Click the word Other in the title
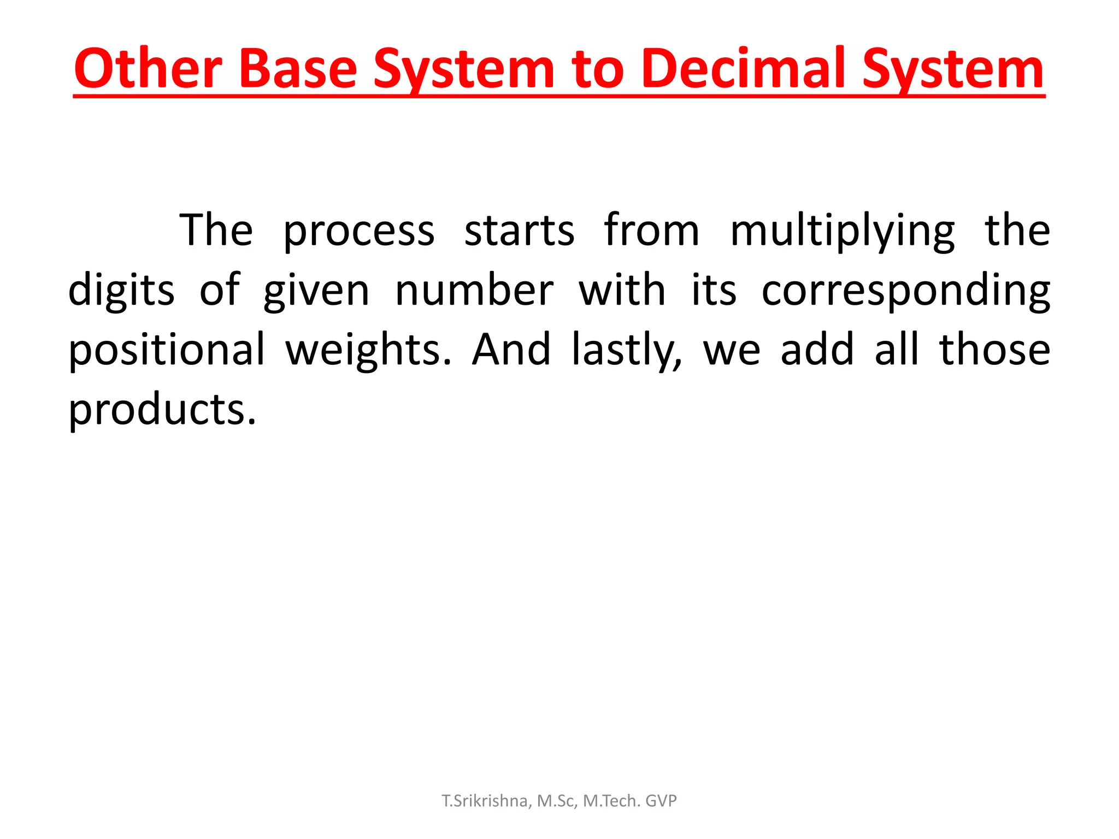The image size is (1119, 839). [x=148, y=70]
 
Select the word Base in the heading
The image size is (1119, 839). [x=298, y=70]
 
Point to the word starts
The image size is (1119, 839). [x=520, y=231]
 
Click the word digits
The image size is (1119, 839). [x=121, y=291]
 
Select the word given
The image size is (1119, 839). [x=316, y=291]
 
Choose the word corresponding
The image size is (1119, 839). [x=906, y=291]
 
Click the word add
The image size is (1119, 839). [x=817, y=350]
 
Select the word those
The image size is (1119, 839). [x=994, y=350]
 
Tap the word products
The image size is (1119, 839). [x=162, y=410]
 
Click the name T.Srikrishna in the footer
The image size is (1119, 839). [x=484, y=801]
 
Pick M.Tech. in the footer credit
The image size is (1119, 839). [x=611, y=801]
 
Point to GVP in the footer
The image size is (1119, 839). [x=661, y=801]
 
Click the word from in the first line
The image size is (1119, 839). [x=652, y=231]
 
